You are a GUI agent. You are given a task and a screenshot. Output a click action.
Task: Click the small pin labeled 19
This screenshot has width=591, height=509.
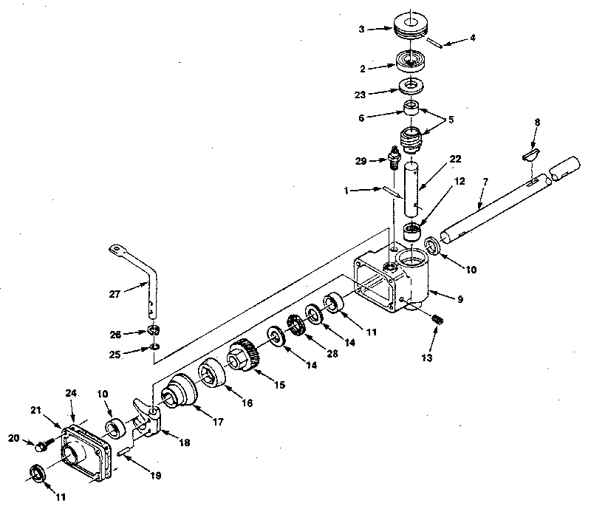click(124, 450)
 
